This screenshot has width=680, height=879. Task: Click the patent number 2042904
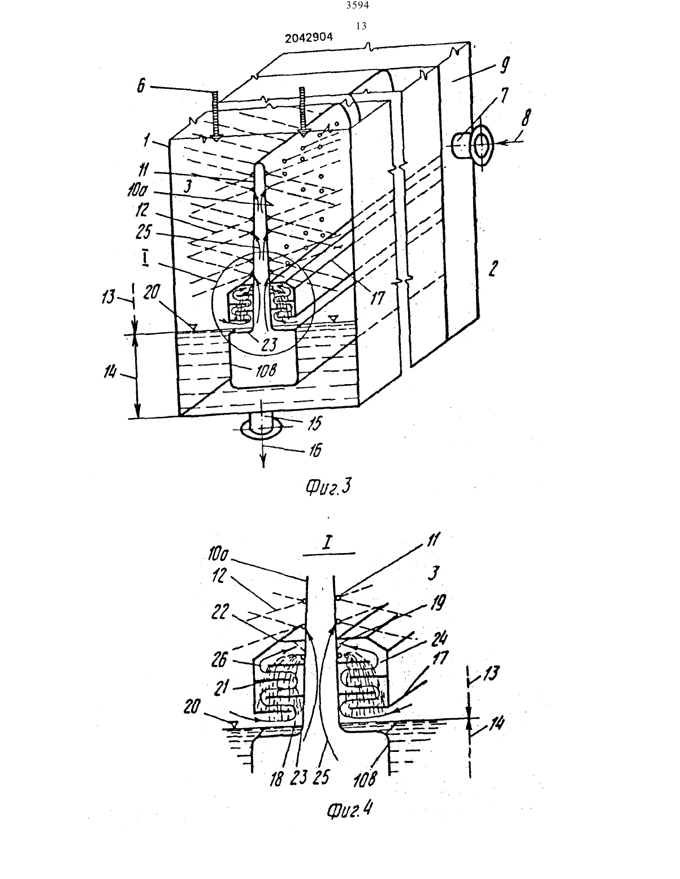[309, 38]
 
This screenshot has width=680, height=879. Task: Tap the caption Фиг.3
[328, 486]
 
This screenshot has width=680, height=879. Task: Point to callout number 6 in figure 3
[141, 86]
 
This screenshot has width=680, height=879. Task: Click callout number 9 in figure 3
[504, 66]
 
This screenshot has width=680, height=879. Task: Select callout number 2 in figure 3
[492, 268]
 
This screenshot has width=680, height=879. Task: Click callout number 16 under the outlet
[315, 450]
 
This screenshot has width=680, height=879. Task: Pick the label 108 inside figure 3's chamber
[266, 370]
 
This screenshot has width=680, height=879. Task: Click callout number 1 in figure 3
[146, 140]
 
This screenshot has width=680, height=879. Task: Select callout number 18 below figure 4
[276, 780]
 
